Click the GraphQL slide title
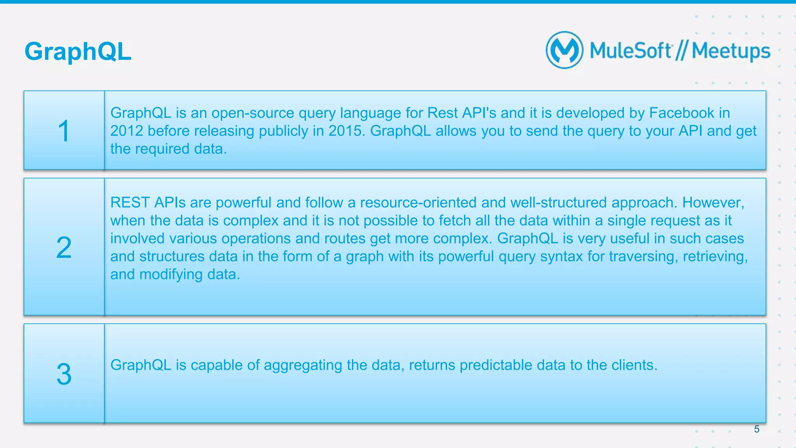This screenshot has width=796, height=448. coord(78,52)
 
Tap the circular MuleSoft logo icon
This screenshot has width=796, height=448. coord(564,50)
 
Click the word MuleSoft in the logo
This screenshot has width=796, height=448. coord(631,51)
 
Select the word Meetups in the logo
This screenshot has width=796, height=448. coord(731,51)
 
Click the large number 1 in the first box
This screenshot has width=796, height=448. coord(64,131)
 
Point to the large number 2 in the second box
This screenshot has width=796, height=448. coord(64,248)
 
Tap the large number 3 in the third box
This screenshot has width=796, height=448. coord(64,374)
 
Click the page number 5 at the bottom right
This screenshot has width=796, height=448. coord(756,429)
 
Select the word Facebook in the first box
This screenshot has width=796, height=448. coord(681,113)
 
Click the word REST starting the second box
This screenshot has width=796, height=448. coord(130,203)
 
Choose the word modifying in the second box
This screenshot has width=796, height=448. coord(171,275)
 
